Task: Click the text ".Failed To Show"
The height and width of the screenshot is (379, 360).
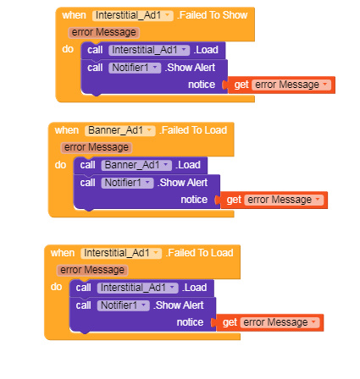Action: pos(213,15)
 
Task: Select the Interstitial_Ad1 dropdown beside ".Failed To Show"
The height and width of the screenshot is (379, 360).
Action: pos(133,15)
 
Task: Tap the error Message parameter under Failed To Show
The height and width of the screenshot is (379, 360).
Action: pos(103,32)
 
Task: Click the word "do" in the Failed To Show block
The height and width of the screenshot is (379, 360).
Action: pos(68,49)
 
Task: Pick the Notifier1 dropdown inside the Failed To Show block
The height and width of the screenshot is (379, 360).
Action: pos(135,68)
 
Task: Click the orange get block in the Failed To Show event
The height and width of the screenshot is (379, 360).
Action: pos(281,85)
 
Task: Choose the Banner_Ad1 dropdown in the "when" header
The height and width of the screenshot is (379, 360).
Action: pos(120,130)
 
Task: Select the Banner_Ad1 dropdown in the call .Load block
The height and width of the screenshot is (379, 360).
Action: pos(136,165)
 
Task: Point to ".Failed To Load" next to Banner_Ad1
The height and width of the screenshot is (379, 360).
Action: pos(193,130)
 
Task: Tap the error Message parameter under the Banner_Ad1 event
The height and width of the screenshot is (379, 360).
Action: pos(97,147)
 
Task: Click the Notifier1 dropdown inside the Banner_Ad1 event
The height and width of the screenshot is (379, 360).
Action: pos(127,183)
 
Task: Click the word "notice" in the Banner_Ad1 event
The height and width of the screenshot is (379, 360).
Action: pos(194,200)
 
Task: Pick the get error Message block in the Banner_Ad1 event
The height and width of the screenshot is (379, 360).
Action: pos(274,200)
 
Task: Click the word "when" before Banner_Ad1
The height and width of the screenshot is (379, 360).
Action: pos(67,130)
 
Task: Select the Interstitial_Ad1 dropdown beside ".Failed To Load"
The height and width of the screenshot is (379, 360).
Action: pos(121,253)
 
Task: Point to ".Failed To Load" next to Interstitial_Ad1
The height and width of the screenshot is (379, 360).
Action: pos(200,253)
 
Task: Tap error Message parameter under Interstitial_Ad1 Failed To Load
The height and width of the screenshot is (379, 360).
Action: pos(92,270)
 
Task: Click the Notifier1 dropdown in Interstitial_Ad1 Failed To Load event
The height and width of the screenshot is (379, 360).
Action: pos(124,305)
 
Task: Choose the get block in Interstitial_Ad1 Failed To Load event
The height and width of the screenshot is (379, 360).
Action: pos(270,322)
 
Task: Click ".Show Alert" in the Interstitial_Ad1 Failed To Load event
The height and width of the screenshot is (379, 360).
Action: pos(179,305)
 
